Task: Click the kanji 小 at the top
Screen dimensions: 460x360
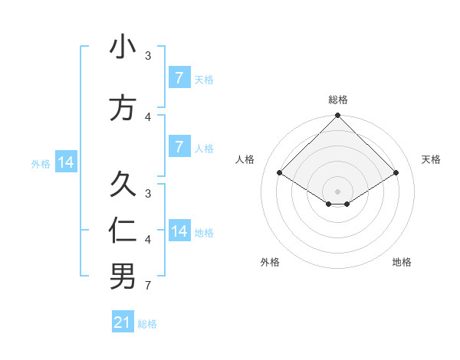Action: click(x=123, y=47)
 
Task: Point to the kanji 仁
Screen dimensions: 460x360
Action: click(x=123, y=231)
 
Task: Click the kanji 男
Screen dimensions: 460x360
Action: click(x=123, y=277)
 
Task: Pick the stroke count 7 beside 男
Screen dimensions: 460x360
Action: click(x=148, y=286)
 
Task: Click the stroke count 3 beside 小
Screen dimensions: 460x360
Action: click(x=148, y=56)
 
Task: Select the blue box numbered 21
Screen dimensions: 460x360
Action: click(x=123, y=322)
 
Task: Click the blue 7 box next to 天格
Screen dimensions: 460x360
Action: click(x=179, y=78)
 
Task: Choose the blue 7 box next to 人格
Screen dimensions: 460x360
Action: click(x=179, y=147)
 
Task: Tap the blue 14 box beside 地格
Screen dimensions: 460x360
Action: click(x=179, y=231)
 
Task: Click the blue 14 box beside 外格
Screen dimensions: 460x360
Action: click(x=66, y=162)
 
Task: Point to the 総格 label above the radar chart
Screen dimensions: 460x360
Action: click(x=338, y=100)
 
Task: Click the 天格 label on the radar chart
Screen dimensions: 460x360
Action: click(x=431, y=159)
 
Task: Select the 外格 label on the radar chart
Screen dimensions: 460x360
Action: click(x=270, y=262)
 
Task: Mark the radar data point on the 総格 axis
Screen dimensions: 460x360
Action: click(x=338, y=116)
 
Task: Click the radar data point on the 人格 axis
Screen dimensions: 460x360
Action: click(x=280, y=173)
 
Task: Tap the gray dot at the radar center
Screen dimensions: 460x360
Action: click(x=338, y=191)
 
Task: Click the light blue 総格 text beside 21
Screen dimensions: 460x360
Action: click(x=147, y=324)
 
